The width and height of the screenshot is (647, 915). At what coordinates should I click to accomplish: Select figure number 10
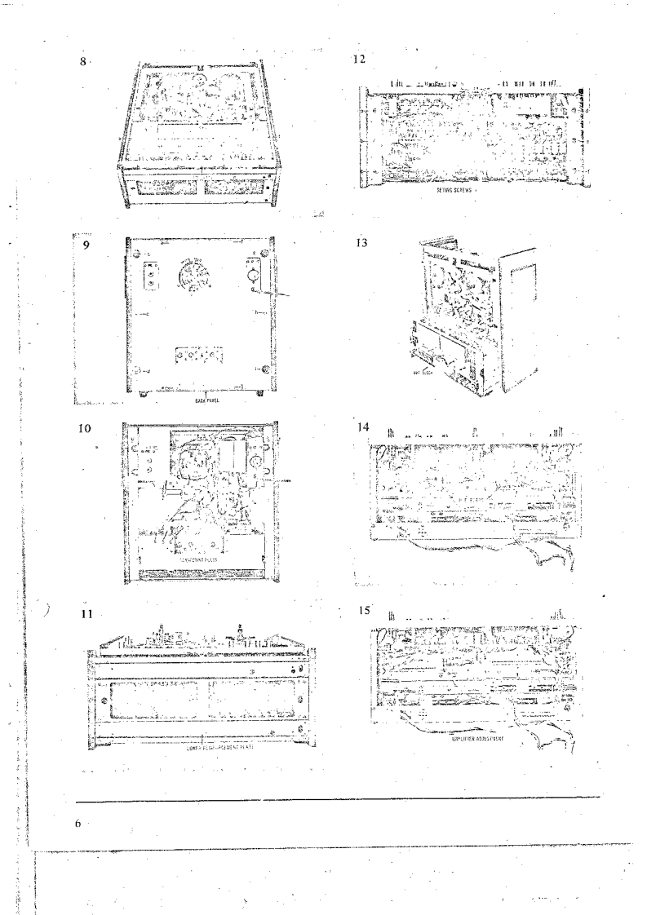tap(85, 427)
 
